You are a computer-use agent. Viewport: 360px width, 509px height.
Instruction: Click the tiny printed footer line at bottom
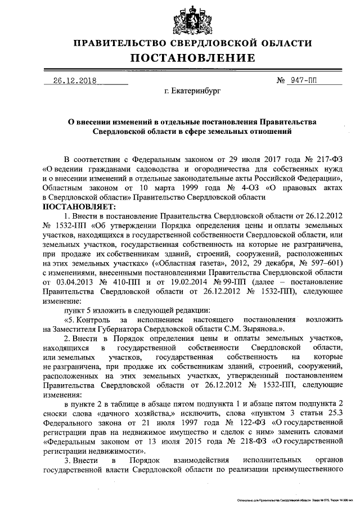[295, 499]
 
